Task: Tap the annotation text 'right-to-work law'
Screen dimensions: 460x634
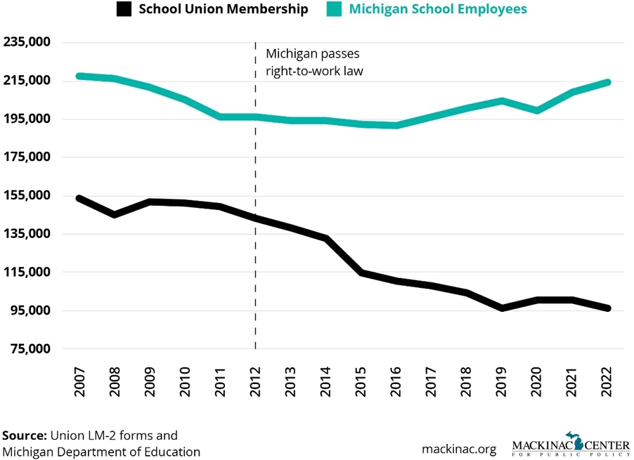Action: pyautogui.click(x=313, y=70)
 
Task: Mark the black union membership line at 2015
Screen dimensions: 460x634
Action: pyautogui.click(x=361, y=272)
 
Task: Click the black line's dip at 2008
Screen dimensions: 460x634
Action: pyautogui.click(x=114, y=214)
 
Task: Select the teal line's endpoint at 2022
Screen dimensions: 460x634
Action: pyautogui.click(x=608, y=83)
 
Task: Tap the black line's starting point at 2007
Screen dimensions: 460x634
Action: pyautogui.click(x=79, y=198)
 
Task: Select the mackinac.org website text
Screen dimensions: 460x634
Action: pyautogui.click(x=459, y=448)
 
